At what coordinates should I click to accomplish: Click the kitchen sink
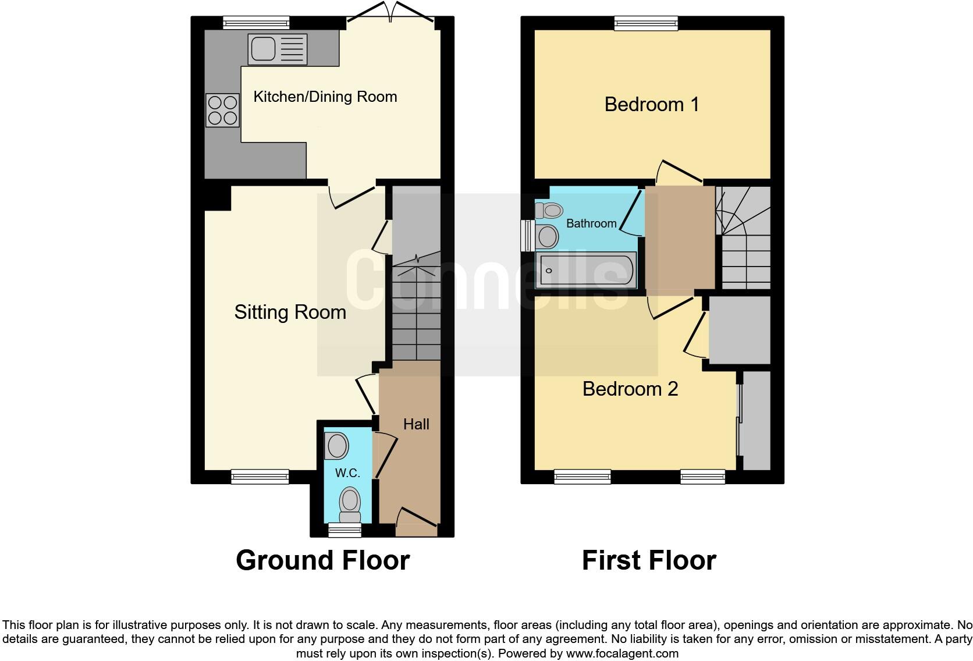coord(278,49)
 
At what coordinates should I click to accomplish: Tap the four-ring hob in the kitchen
coord(222,111)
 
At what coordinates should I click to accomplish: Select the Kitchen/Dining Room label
coord(325,97)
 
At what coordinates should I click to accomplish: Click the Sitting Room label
coord(290,312)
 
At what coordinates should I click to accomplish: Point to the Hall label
coord(416,424)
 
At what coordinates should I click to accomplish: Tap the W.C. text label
coord(347,473)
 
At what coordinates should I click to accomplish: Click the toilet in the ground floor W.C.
coord(350,504)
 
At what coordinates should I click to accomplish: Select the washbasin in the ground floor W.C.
coord(336,446)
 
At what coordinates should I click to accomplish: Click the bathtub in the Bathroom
coord(586,270)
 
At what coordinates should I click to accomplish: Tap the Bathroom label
coord(591,223)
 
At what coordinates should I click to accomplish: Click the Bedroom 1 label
coord(651,105)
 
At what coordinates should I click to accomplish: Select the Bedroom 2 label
coord(630,389)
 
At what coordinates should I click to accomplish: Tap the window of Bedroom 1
coord(646,23)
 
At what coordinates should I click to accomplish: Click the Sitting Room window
coord(260,477)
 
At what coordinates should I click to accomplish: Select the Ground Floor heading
coord(322,560)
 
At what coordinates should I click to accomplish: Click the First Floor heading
coord(648,560)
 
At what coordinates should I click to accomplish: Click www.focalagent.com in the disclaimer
coord(622,653)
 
